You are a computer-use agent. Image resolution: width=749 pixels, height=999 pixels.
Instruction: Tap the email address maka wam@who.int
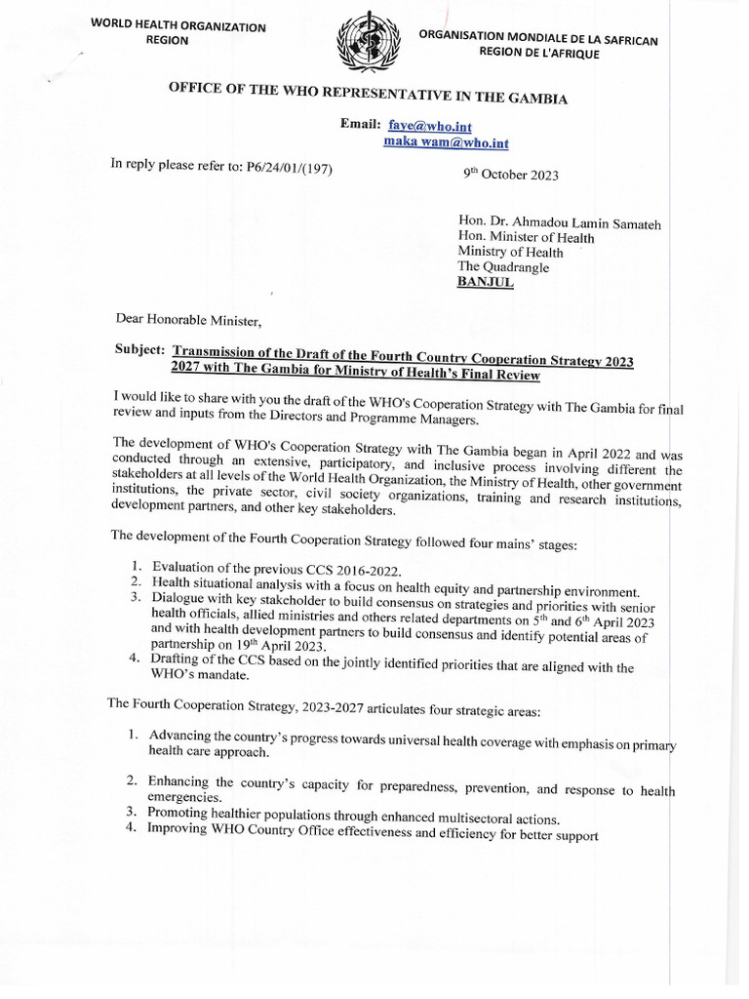point(447,143)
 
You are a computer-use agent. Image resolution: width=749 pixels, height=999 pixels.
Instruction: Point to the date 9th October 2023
point(510,176)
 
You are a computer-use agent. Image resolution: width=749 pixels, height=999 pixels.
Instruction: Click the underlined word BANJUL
point(486,283)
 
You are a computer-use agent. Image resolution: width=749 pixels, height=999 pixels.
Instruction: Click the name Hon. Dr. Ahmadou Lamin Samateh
point(559,223)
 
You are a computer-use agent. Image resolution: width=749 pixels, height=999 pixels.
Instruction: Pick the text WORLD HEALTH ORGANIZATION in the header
point(177,26)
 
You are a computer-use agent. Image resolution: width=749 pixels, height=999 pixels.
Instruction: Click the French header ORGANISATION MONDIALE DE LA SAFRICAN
point(538,39)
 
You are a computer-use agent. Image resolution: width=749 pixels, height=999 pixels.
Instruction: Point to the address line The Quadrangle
point(503,267)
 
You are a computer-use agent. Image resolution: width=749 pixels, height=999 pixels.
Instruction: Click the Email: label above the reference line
point(359,124)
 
